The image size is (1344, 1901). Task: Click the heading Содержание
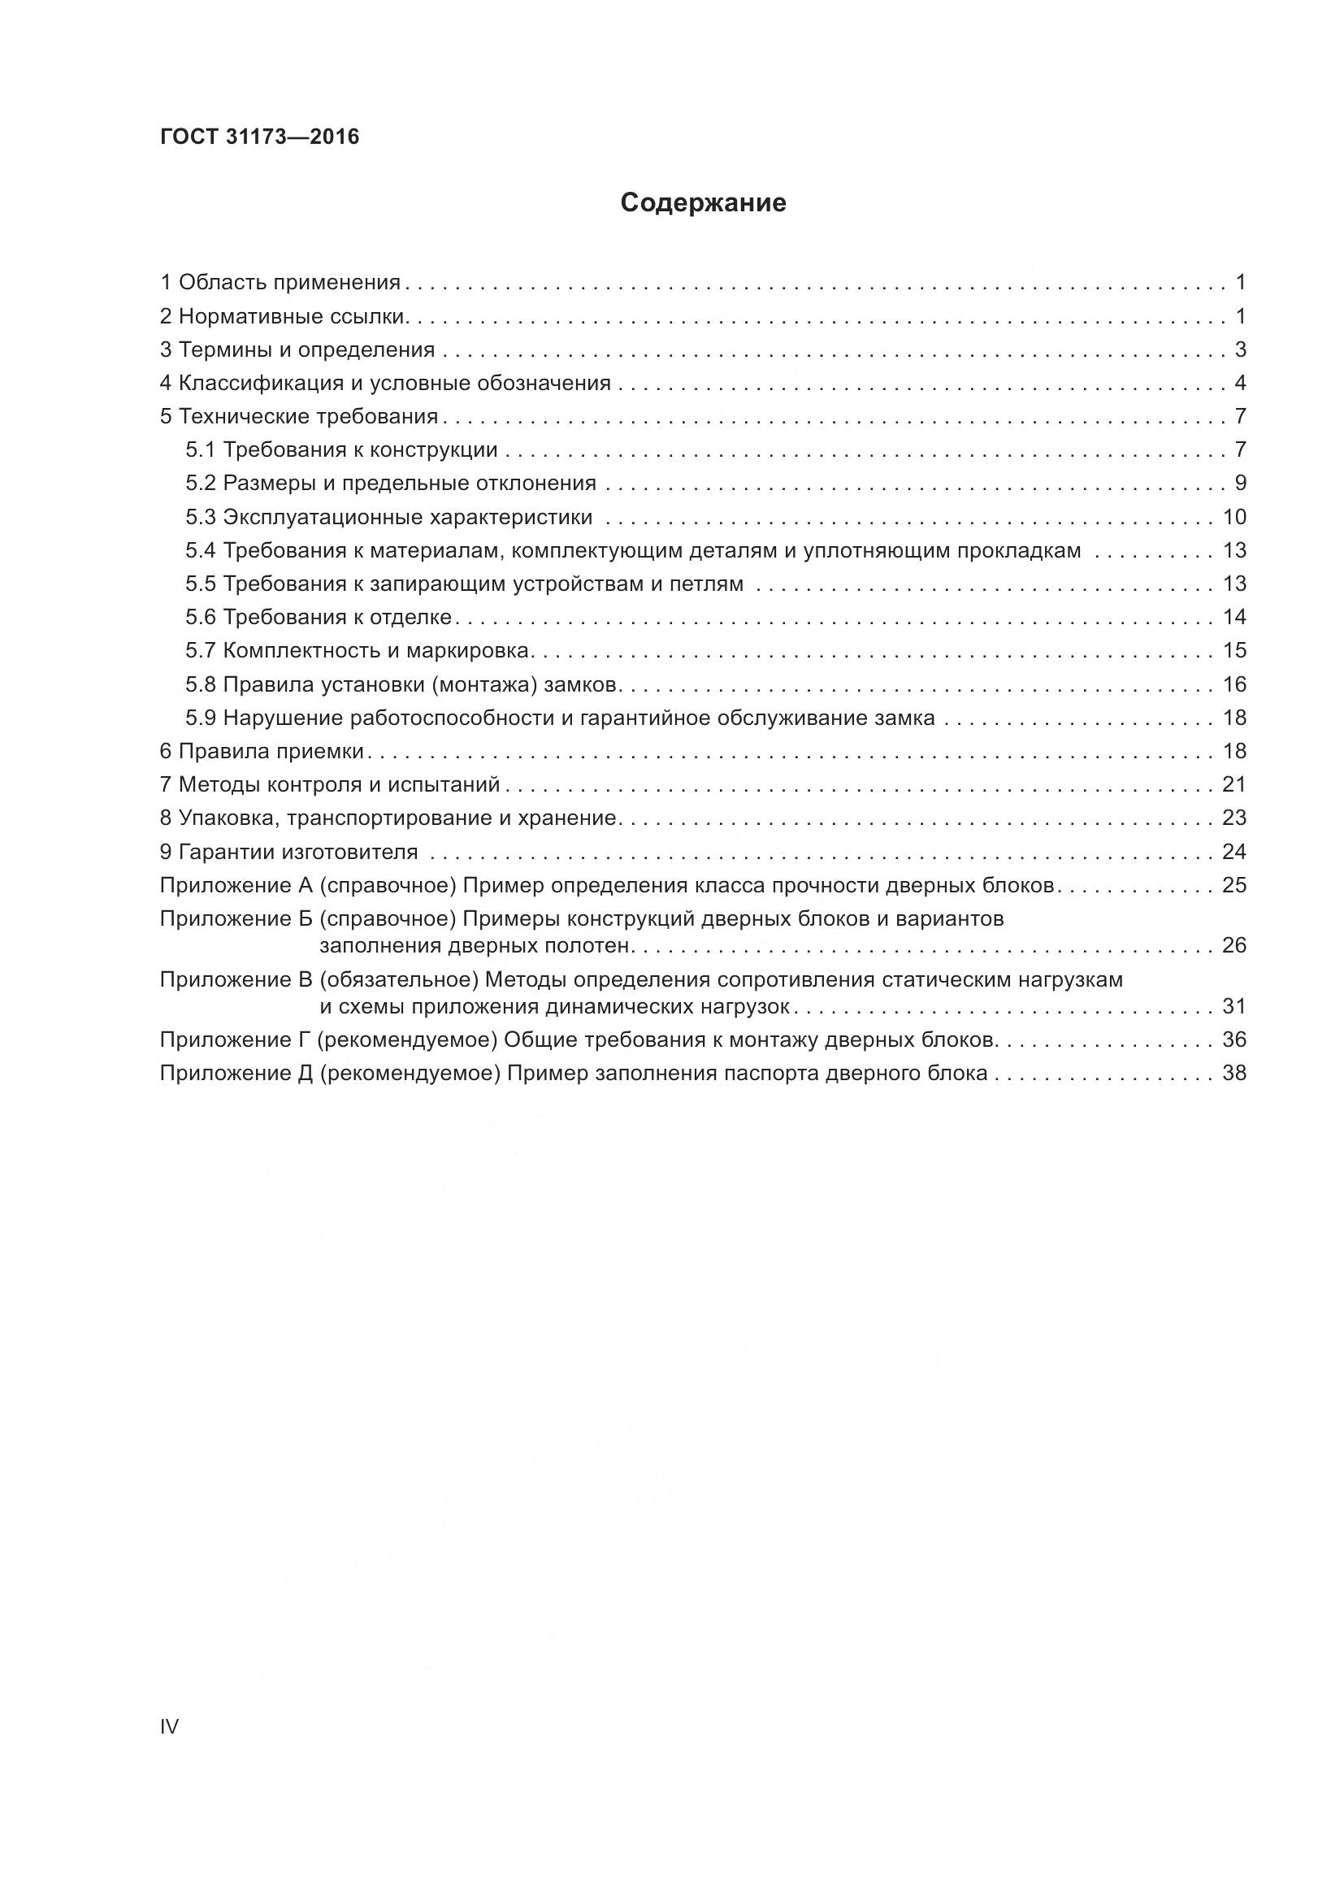pos(703,203)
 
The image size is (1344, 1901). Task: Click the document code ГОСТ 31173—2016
pos(260,137)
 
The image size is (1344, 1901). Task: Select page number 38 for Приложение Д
pos(1233,1073)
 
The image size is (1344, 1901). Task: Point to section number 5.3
pos(200,518)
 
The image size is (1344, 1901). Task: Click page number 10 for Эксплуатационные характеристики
pos(1233,518)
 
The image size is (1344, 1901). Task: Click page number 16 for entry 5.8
pos(1233,684)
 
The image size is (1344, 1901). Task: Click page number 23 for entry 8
pos(1233,818)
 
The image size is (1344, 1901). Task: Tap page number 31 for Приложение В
pos(1233,1007)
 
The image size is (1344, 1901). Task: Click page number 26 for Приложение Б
pos(1233,945)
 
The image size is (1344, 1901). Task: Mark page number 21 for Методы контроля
pos(1233,785)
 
